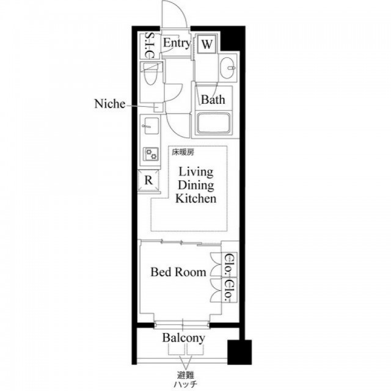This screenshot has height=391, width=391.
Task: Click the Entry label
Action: (x=177, y=43)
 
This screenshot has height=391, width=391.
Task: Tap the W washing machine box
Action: (x=207, y=44)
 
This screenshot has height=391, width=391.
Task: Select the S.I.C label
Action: (x=150, y=45)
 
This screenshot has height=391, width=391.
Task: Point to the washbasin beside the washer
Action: (x=227, y=67)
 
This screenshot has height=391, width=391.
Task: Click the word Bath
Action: (x=213, y=100)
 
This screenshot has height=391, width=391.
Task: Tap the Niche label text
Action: (x=110, y=103)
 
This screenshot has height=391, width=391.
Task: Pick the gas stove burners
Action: (x=151, y=154)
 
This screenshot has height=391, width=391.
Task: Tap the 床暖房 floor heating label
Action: (x=183, y=152)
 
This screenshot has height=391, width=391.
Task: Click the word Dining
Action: (x=195, y=185)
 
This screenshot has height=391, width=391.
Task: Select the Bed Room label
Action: (x=178, y=272)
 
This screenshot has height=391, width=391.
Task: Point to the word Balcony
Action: (x=184, y=338)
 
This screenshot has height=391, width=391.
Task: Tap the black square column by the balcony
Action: (x=239, y=352)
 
